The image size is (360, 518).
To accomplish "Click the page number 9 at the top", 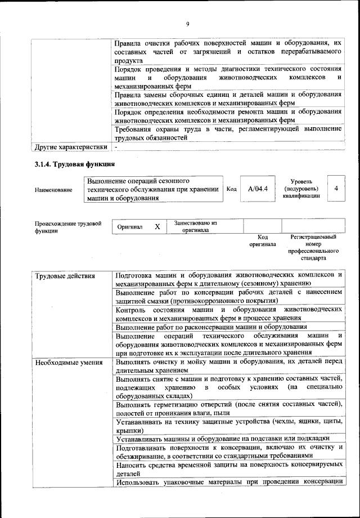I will tap(188, 23).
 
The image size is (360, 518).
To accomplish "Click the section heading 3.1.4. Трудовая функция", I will tap(74, 164).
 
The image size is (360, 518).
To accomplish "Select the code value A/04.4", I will tap(258, 189).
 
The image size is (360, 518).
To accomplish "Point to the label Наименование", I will tap(53, 190).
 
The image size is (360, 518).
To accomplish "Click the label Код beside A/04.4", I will tap(231, 189).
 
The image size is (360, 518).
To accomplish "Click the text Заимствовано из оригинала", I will tap(196, 226).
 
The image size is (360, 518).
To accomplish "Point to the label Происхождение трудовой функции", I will tap(68, 227).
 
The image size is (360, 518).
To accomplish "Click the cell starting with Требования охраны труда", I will tap(228, 133).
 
